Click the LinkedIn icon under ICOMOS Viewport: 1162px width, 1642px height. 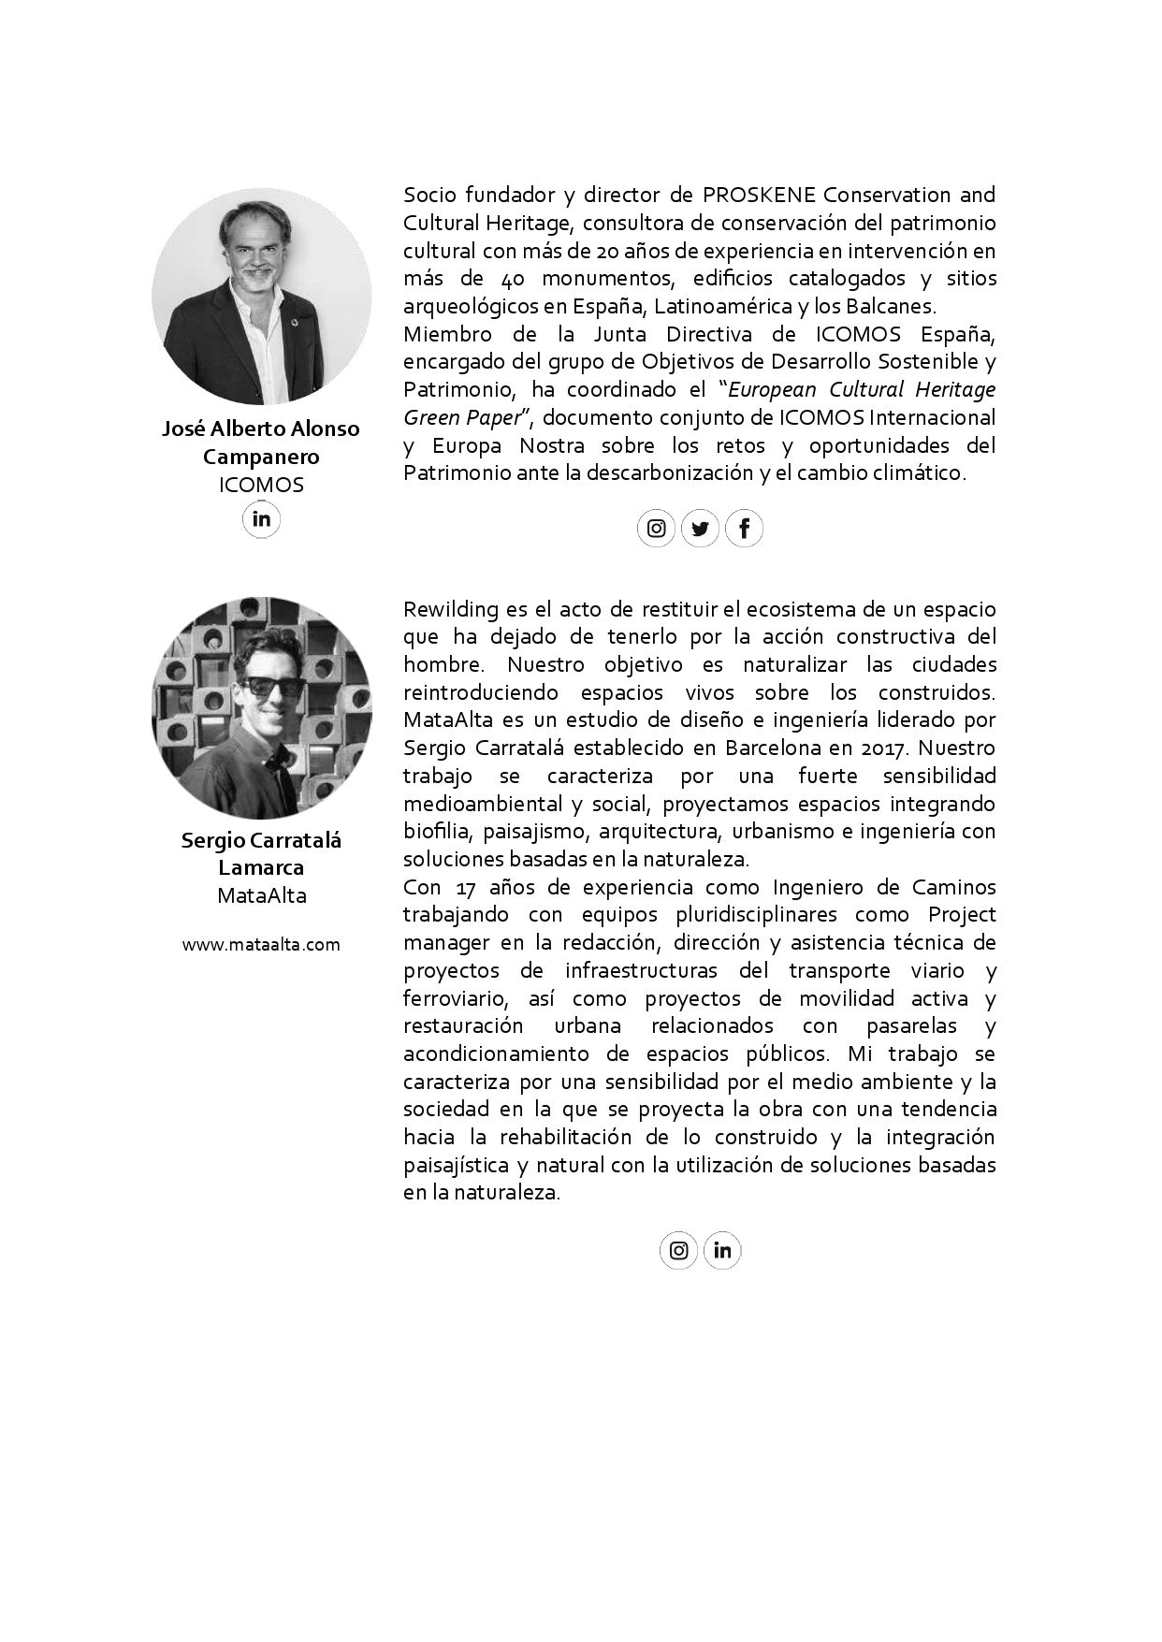(261, 518)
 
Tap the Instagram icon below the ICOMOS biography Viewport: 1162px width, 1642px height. (657, 529)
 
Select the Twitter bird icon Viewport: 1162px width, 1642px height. (700, 529)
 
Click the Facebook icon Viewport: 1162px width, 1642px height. (744, 529)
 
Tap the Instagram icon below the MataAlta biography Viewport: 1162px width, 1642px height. (679, 1250)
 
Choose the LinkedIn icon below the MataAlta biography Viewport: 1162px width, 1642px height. (722, 1250)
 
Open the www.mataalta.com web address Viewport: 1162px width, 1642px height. (261, 944)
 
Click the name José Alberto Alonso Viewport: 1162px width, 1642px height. (261, 429)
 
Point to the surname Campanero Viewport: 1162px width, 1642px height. (261, 457)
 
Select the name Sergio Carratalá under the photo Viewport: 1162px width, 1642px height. (261, 839)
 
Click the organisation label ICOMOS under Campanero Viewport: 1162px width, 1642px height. (261, 485)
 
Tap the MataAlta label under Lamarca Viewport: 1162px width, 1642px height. (261, 895)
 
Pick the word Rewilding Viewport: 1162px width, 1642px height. (451, 609)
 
